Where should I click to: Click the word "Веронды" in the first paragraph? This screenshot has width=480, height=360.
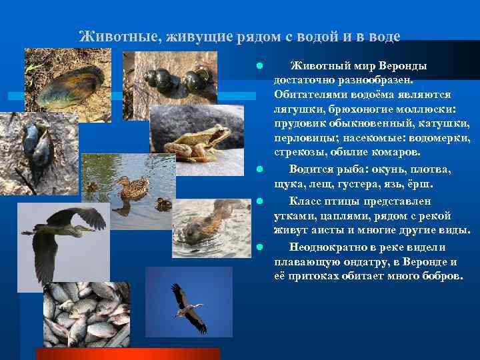coord(403,66)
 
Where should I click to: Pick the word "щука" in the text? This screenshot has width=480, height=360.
coord(287,183)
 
